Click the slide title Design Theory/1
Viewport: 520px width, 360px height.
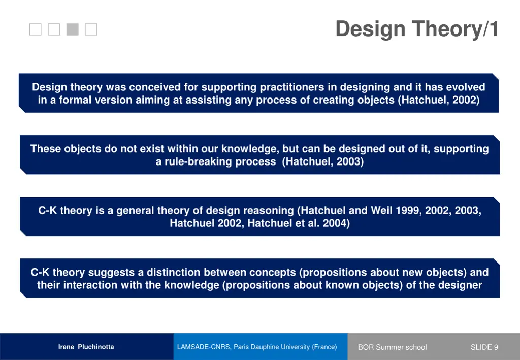pyautogui.click(x=417, y=29)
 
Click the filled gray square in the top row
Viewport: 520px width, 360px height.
pyautogui.click(x=73, y=29)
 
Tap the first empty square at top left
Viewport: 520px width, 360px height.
pyautogui.click(x=35, y=29)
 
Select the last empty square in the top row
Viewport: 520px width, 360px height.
pyautogui.click(x=91, y=29)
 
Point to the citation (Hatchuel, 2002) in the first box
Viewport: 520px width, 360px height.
pyautogui.click(x=439, y=100)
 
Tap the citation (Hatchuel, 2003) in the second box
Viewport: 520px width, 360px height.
pyautogui.click(x=323, y=162)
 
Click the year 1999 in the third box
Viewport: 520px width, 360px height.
pyautogui.click(x=406, y=210)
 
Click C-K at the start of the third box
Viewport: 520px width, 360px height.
pyautogui.click(x=47, y=210)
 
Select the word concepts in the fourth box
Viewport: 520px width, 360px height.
pyautogui.click(x=277, y=272)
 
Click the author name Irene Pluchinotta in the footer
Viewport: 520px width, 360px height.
pyautogui.click(x=86, y=347)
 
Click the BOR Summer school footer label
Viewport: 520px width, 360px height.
pyautogui.click(x=392, y=347)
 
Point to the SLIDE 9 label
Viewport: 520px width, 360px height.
pyautogui.click(x=484, y=347)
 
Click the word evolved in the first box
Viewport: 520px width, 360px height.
pyautogui.click(x=465, y=87)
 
